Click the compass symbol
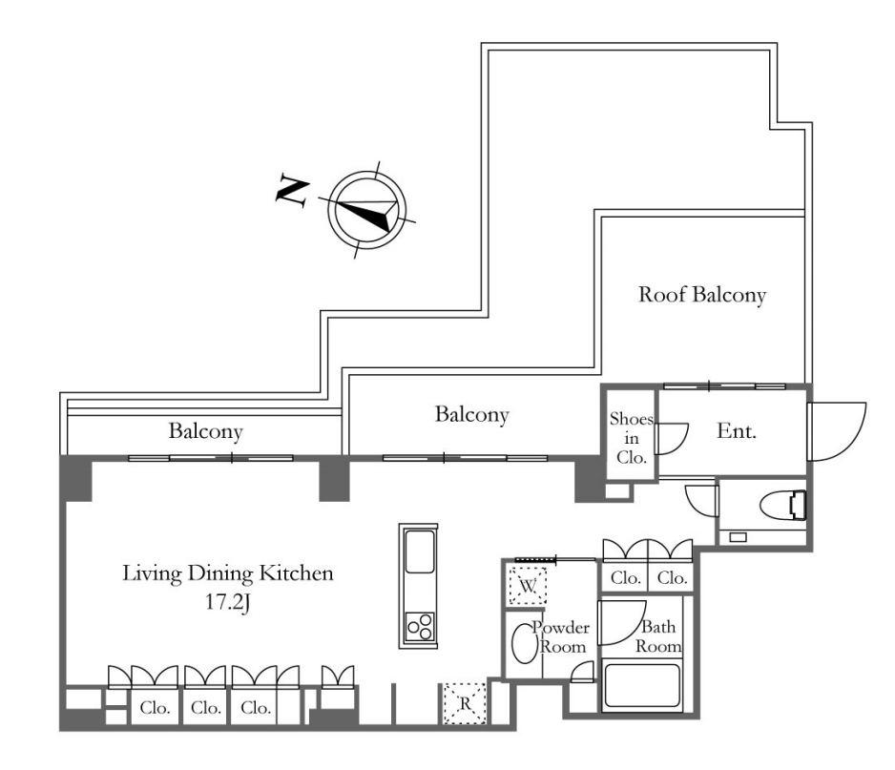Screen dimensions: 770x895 (x=367, y=211)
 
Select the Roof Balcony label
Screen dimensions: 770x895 (x=701, y=295)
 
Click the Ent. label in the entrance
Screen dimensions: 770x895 (x=736, y=431)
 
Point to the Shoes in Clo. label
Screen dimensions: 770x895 (x=631, y=437)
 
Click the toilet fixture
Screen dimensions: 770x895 (x=785, y=503)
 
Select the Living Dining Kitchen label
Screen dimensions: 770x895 (x=227, y=573)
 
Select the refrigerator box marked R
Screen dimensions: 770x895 (x=465, y=704)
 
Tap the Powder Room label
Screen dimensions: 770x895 (x=562, y=636)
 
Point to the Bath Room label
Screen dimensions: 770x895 (x=660, y=636)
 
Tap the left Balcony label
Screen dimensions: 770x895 (x=205, y=431)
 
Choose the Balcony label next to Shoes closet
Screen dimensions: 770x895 (x=471, y=415)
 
